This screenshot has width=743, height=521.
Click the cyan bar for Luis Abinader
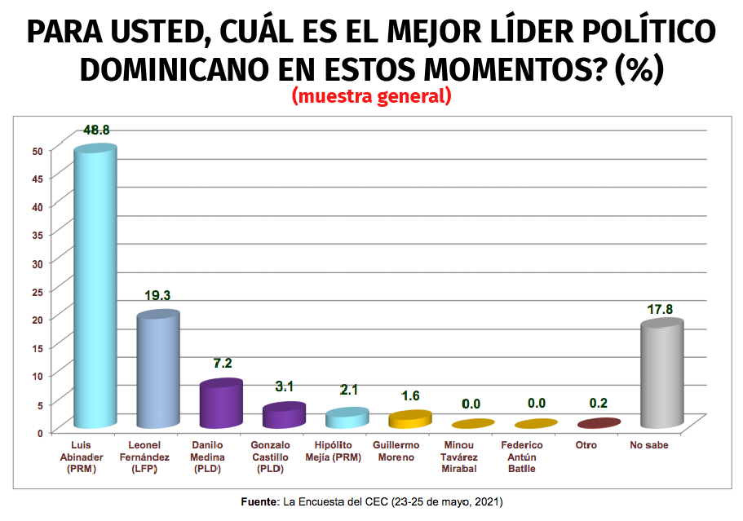pyautogui.click(x=95, y=289)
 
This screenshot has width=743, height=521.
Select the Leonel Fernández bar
pyautogui.click(x=158, y=371)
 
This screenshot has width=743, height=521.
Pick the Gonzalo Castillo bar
pyautogui.click(x=284, y=416)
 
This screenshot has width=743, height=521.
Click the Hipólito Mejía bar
pyautogui.click(x=346, y=419)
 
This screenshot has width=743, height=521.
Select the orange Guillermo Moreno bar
pyautogui.click(x=409, y=420)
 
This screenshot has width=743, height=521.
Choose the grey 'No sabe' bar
pyautogui.click(x=661, y=375)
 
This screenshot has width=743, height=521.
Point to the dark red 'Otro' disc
pyautogui.click(x=598, y=423)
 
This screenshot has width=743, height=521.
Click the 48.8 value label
pyautogui.click(x=96, y=130)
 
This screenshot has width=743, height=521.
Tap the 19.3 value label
pyautogui.click(x=158, y=295)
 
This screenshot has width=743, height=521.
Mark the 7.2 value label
pyautogui.click(x=221, y=363)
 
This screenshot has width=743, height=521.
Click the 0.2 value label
pyautogui.click(x=598, y=403)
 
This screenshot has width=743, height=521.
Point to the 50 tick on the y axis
pyautogui.click(x=37, y=150)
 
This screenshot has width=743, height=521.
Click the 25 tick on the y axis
pyautogui.click(x=37, y=291)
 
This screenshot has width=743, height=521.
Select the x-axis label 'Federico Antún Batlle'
pyautogui.click(x=535, y=457)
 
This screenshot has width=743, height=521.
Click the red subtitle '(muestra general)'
pyautogui.click(x=371, y=97)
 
